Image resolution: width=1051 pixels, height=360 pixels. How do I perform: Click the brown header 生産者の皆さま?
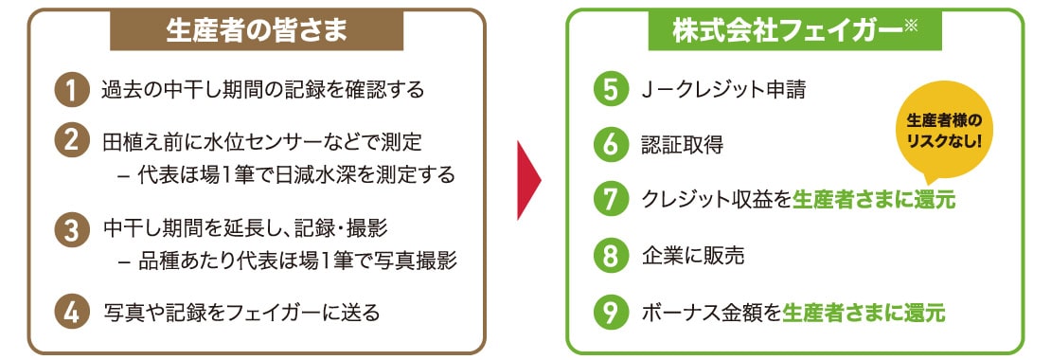tap(257, 30)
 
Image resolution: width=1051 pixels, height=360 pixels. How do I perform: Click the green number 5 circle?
tap(609, 90)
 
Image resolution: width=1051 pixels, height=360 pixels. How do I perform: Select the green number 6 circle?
tap(609, 144)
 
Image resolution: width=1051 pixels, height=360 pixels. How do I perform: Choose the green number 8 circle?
tap(609, 255)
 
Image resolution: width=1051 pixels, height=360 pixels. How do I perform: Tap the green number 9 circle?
tap(609, 311)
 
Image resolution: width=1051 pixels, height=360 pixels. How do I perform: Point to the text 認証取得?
tap(682, 145)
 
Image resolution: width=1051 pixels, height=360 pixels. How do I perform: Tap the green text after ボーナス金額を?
tap(864, 311)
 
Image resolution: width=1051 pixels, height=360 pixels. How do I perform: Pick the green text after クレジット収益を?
tap(874, 200)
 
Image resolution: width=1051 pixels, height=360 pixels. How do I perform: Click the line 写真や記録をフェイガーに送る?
tap(240, 311)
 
